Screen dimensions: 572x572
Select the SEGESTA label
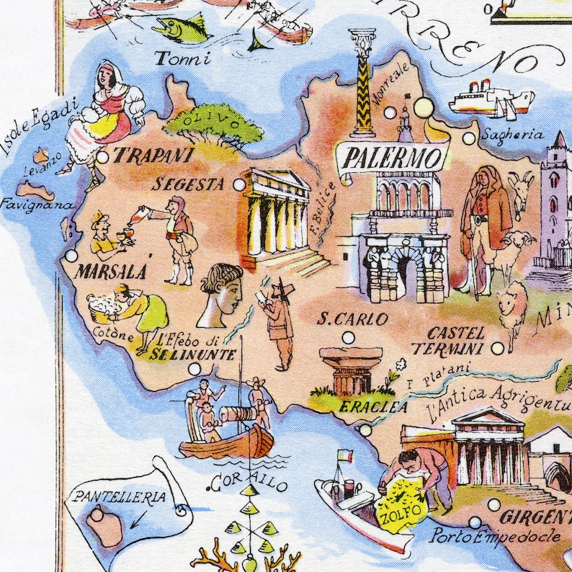coord(189,184)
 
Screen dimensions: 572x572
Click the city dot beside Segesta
coord(239,185)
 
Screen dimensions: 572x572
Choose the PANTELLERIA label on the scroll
coord(119,497)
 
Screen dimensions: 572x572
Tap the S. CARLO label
coord(353,318)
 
